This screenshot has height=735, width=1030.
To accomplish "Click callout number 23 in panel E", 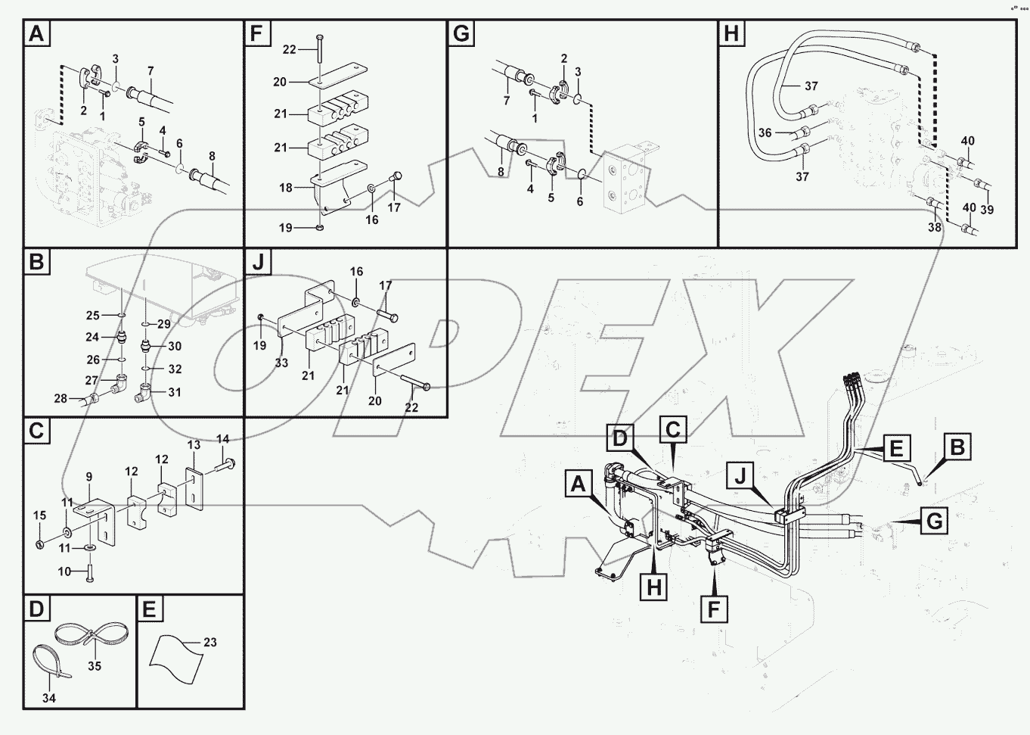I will click(209, 642).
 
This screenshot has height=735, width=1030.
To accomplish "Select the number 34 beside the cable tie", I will click(49, 697).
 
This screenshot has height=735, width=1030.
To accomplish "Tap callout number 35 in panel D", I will click(95, 666).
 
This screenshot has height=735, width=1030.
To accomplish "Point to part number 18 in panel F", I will click(286, 187).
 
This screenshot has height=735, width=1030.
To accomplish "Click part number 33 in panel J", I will click(281, 363).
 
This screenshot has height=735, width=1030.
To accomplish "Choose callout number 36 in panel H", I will click(765, 132).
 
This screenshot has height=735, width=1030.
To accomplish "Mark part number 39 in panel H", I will click(987, 210).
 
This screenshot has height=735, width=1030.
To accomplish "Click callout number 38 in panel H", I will click(935, 226).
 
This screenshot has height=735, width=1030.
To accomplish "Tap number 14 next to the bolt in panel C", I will click(222, 438).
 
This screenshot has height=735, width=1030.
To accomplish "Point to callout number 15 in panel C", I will click(39, 515).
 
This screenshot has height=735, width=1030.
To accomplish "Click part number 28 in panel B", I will click(60, 398).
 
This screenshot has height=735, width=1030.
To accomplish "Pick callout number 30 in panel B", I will click(175, 346).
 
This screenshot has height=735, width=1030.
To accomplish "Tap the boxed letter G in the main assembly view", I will click(934, 521).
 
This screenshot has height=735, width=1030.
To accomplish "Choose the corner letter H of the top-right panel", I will click(731, 33).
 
